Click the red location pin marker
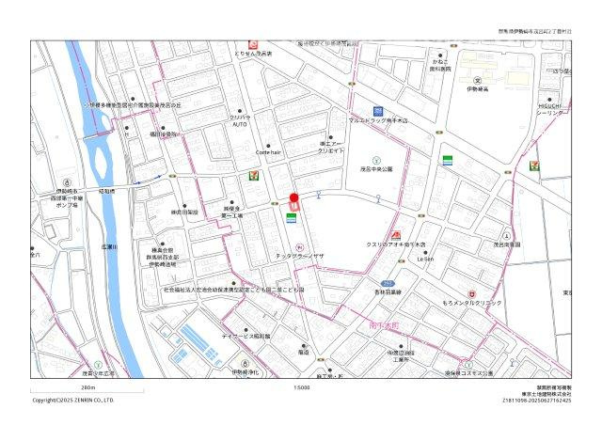pos(293,197)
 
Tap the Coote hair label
pos(268,152)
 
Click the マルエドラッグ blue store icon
pos(378,110)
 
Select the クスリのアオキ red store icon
pos(396,232)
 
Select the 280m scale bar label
pos(88,387)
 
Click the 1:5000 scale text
pos(301,387)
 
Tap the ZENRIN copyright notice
pos(73,400)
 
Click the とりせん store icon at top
pos(252,44)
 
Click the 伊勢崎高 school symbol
pos(477,80)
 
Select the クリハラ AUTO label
pos(240,120)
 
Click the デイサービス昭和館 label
pos(246,335)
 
